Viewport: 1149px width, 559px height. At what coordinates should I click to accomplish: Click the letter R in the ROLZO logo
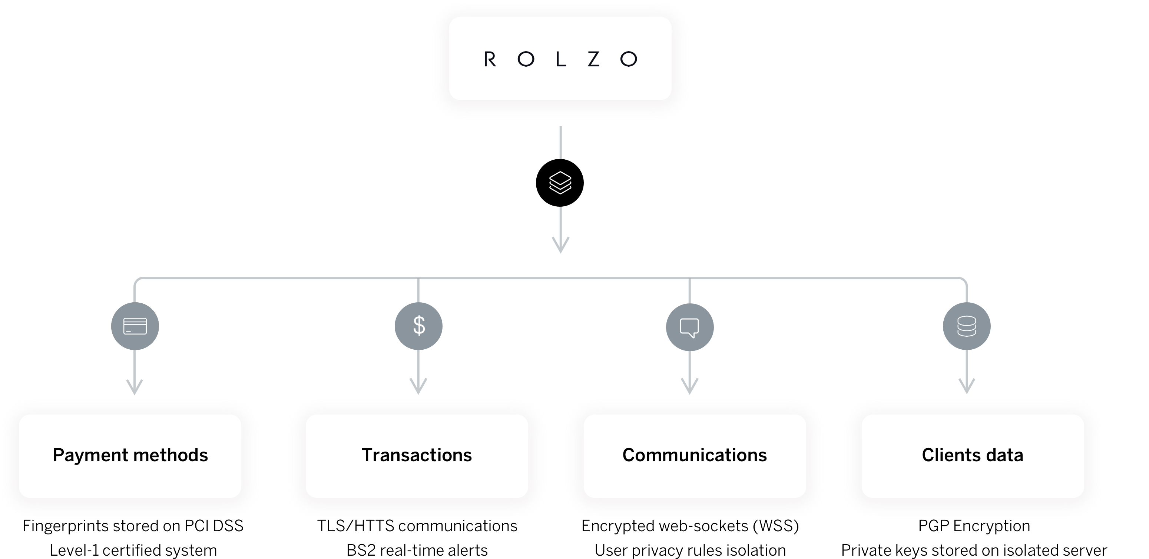(490, 59)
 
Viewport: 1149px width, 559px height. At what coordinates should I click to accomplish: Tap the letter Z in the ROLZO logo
(594, 59)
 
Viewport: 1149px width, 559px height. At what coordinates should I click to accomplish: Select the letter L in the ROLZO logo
(560, 59)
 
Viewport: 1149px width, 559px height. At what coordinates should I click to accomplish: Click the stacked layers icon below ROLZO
(560, 183)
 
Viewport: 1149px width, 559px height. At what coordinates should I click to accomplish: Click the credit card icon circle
(135, 326)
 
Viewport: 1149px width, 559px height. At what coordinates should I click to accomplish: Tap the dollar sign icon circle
(418, 326)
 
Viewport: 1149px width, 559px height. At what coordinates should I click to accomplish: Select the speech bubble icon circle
(689, 327)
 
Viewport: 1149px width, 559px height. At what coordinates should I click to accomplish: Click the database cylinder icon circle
(967, 326)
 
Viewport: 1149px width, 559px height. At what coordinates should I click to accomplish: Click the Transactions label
(417, 456)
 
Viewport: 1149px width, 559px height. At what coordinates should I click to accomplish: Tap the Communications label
(695, 456)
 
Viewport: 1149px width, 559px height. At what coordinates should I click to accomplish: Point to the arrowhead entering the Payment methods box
(135, 387)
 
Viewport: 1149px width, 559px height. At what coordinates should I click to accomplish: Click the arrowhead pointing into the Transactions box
(418, 386)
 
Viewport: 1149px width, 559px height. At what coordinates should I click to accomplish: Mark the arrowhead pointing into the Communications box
(689, 386)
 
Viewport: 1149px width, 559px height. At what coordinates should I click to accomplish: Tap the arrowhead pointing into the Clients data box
(967, 386)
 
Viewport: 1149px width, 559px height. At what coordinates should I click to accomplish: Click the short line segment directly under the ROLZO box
(560, 142)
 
